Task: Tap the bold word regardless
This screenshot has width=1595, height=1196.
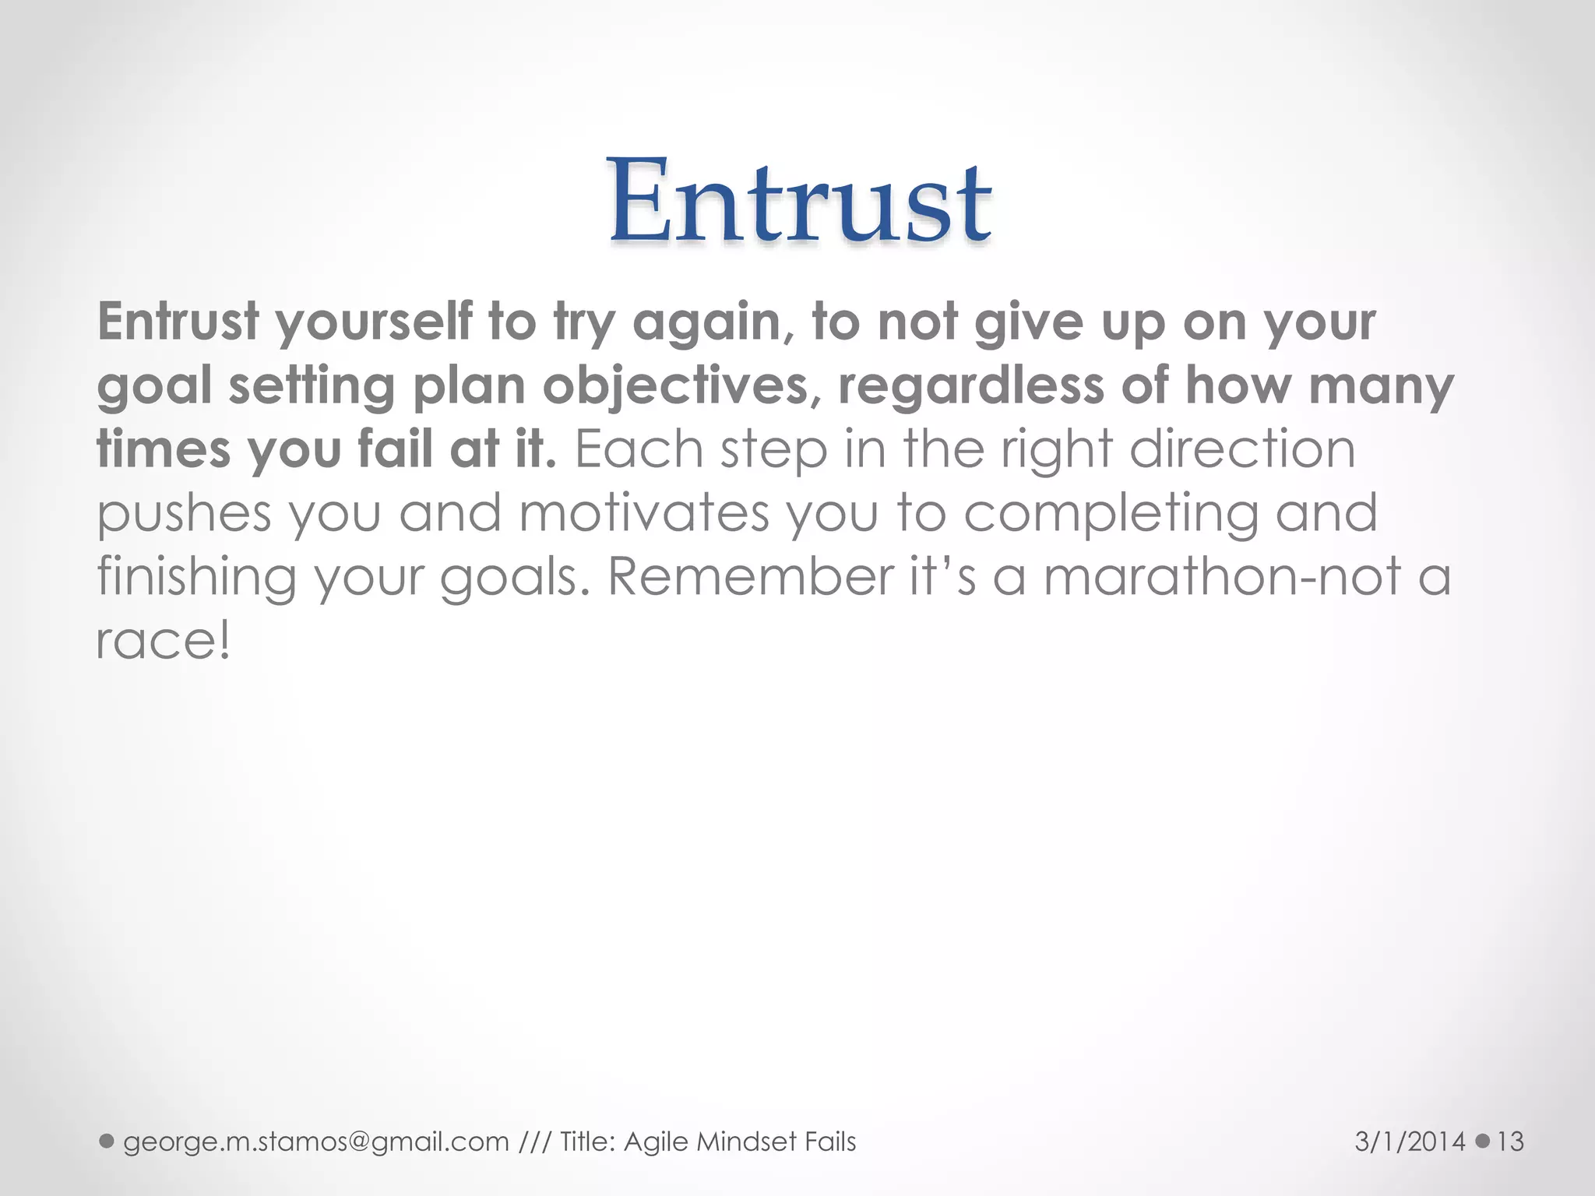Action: tap(970, 386)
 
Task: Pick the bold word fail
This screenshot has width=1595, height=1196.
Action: tap(395, 449)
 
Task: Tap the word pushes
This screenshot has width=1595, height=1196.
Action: tap(184, 514)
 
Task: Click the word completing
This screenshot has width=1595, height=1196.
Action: tap(1111, 514)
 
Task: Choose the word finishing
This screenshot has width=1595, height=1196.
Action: tap(196, 578)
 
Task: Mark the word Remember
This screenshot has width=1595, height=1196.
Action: tap(751, 578)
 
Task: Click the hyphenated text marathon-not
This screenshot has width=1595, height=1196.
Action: tap(1222, 578)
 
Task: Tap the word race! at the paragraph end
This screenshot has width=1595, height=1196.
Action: tap(164, 642)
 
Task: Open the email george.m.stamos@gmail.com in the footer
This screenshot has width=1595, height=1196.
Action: tap(316, 1141)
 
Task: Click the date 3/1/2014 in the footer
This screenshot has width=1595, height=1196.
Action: tap(1410, 1141)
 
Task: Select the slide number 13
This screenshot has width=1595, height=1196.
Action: tap(1510, 1141)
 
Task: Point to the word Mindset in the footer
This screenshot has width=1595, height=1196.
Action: tap(748, 1141)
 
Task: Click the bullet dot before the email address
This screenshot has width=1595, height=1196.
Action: tap(107, 1141)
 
